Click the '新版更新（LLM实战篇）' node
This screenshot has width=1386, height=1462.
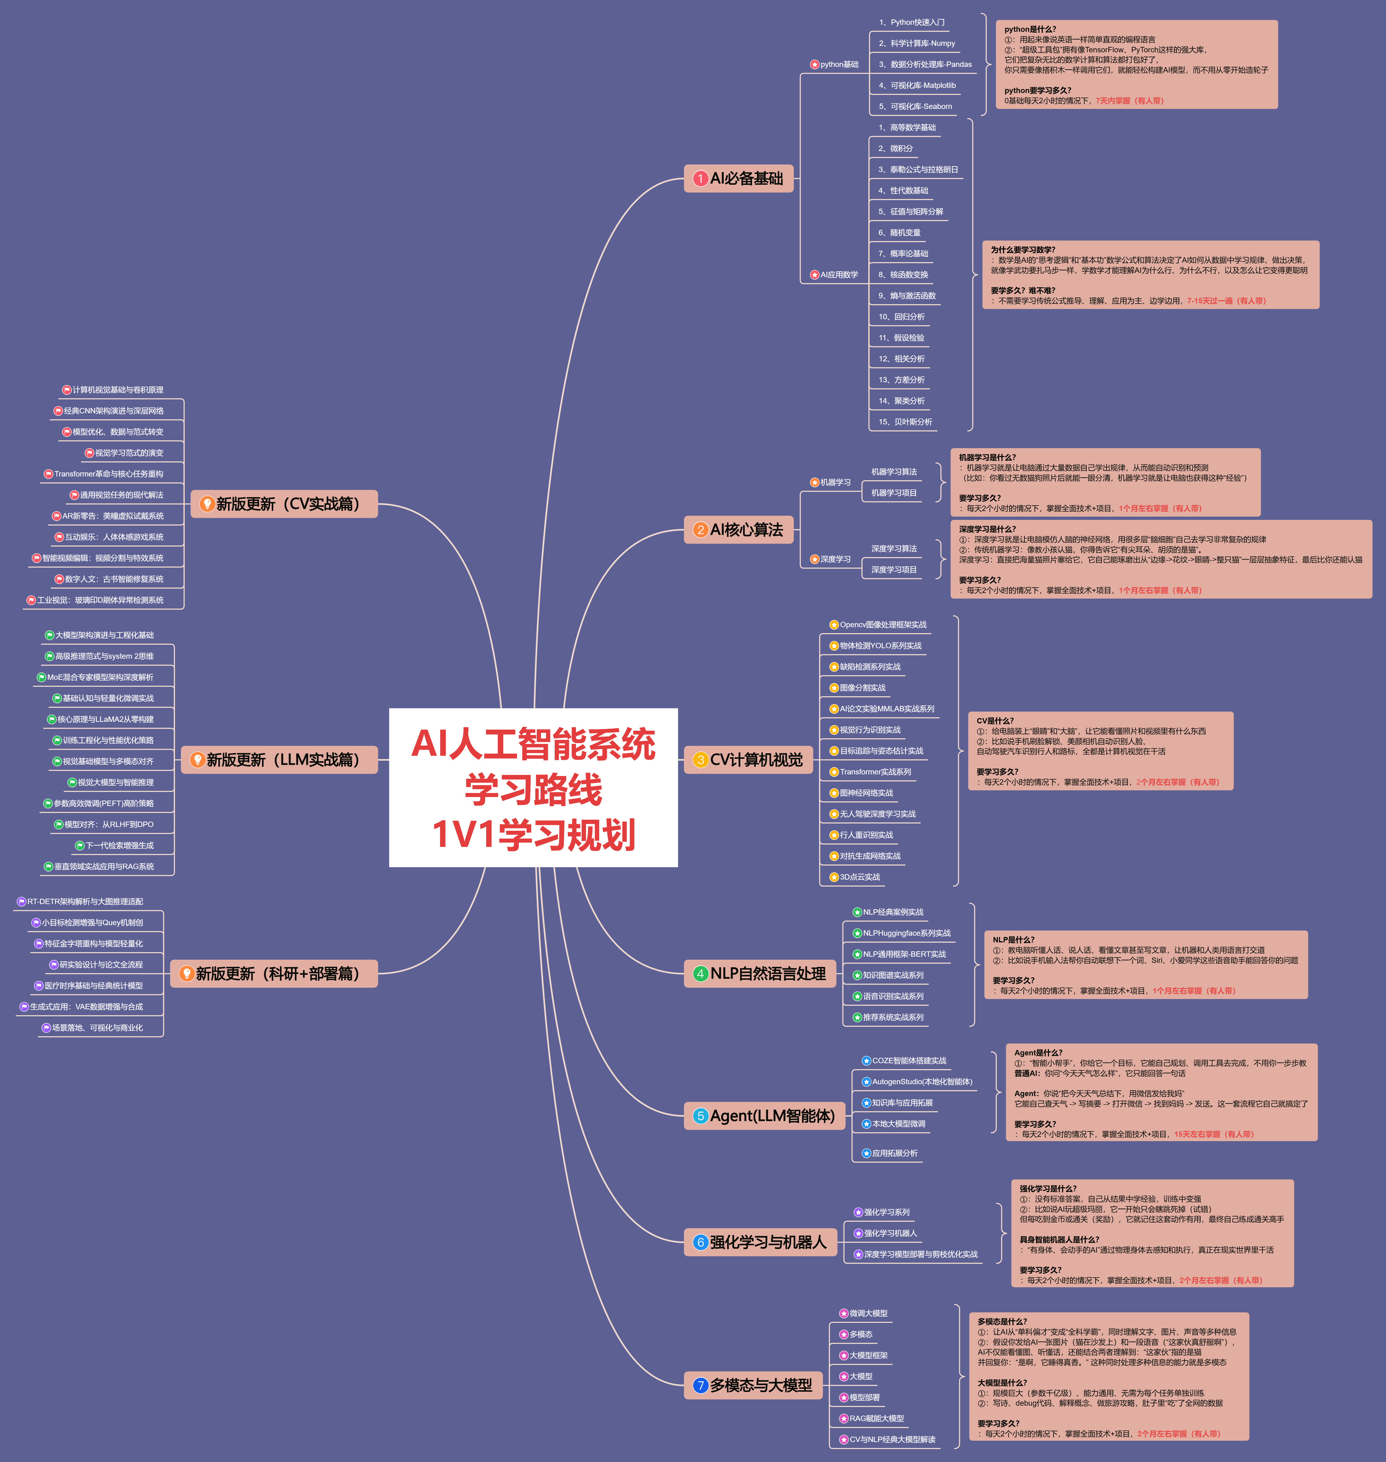click(279, 759)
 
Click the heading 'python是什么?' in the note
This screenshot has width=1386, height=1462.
click(1030, 30)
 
